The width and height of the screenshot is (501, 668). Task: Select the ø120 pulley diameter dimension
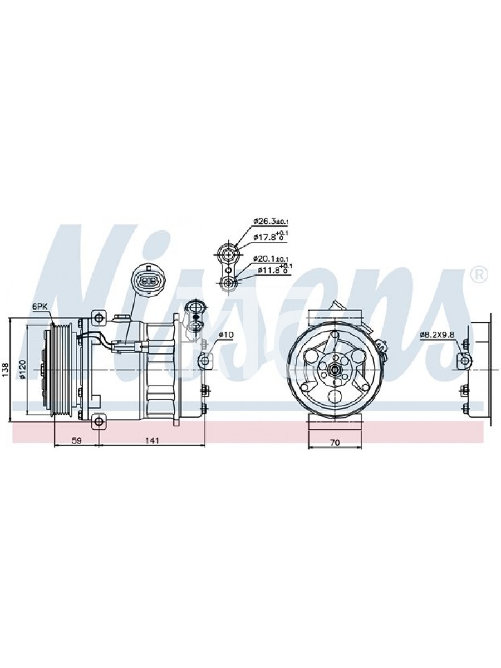click(x=23, y=369)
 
